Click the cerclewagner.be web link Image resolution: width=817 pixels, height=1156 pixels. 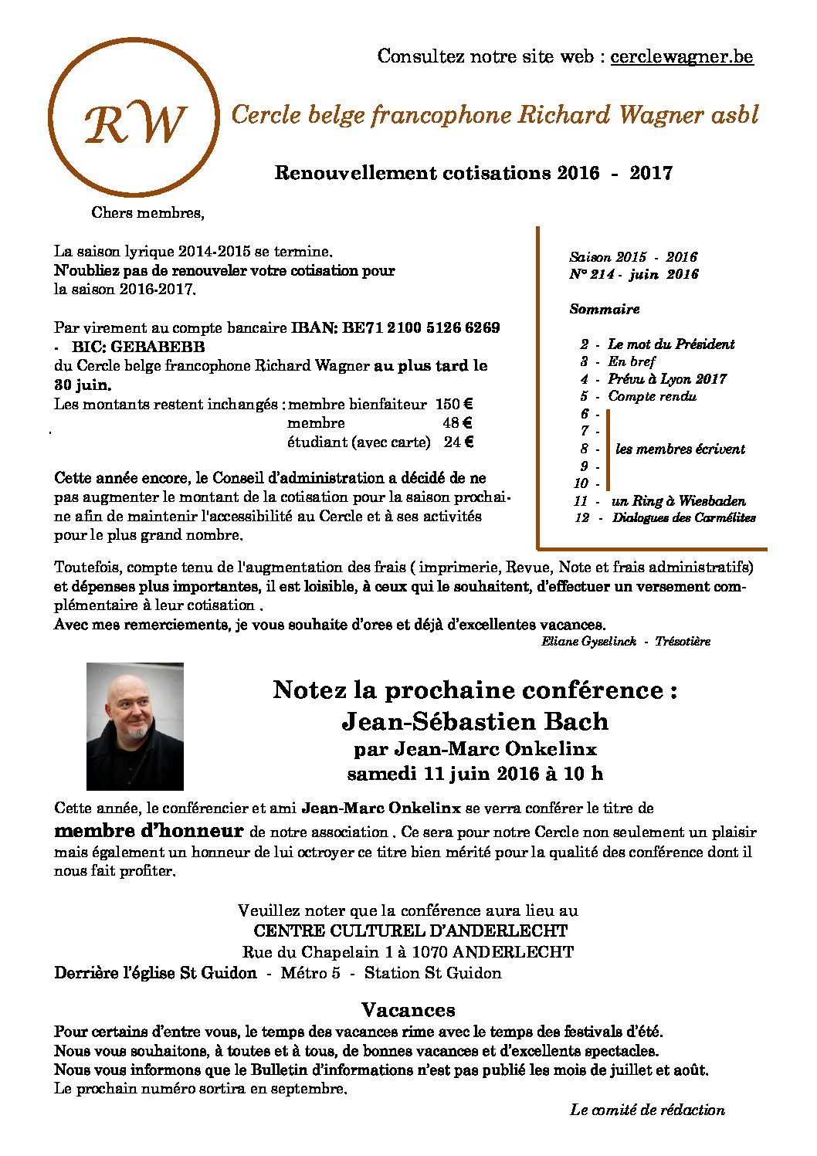(x=681, y=56)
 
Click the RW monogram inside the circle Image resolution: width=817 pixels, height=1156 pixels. (x=135, y=124)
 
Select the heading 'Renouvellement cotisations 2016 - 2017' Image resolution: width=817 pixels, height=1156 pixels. (x=473, y=173)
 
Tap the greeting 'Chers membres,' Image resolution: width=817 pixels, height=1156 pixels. (x=147, y=212)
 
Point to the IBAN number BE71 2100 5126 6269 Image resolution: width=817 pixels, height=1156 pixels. (x=421, y=327)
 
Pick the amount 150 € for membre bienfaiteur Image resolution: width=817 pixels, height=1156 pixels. (x=453, y=404)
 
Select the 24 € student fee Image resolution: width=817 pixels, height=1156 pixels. (x=458, y=442)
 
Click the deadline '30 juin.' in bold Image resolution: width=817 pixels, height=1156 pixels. (x=82, y=385)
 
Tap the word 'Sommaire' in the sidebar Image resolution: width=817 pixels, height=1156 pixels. (x=604, y=309)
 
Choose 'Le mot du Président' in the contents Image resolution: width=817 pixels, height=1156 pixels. (x=670, y=344)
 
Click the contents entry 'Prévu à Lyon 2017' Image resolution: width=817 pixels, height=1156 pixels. (x=666, y=379)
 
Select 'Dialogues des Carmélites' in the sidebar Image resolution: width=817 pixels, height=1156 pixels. (x=683, y=518)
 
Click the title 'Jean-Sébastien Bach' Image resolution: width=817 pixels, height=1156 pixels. (x=474, y=721)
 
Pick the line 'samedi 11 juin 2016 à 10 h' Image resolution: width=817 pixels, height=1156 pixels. (x=474, y=773)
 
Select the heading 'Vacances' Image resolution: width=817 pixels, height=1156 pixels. (x=408, y=1010)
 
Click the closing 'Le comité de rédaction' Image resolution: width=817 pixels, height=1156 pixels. (x=647, y=1110)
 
